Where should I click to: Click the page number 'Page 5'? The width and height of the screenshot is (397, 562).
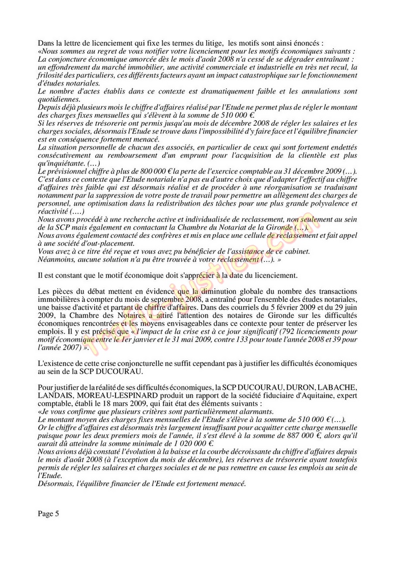tap(49, 514)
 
